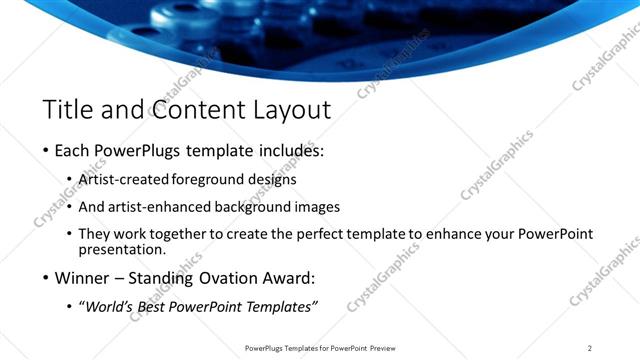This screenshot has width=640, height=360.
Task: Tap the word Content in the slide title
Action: tap(190, 109)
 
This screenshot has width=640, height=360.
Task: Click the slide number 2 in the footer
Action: tap(590, 347)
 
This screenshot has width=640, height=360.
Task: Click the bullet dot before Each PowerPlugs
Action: tap(46, 152)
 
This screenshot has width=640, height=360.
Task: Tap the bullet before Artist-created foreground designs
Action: tap(69, 180)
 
